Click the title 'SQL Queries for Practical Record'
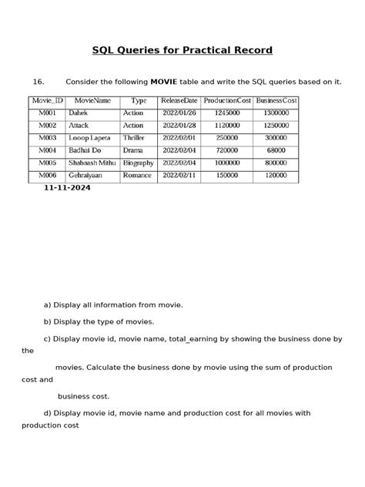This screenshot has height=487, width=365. pyautogui.click(x=182, y=51)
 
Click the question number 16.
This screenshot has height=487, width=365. pyautogui.click(x=39, y=82)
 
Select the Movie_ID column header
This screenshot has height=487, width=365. pyautogui.click(x=46, y=101)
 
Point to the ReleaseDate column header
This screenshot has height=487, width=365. pyautogui.click(x=179, y=101)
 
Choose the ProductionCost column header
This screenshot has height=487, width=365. pyautogui.click(x=227, y=101)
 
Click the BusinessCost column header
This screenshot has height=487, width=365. pyautogui.click(x=276, y=101)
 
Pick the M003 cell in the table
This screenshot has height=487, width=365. pyautogui.click(x=48, y=138)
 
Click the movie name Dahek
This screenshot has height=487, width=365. pyautogui.click(x=79, y=113)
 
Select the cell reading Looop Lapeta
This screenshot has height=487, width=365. pyautogui.click(x=89, y=138)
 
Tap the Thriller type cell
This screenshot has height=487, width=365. pyautogui.click(x=134, y=138)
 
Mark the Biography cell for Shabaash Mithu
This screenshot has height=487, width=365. pyautogui.click(x=138, y=163)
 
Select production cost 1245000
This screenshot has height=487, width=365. pyautogui.click(x=227, y=113)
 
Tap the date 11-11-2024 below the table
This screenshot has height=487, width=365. pyautogui.click(x=67, y=187)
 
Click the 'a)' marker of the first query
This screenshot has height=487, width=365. pyautogui.click(x=48, y=305)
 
